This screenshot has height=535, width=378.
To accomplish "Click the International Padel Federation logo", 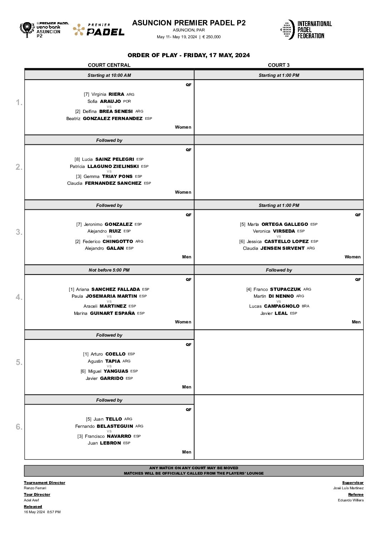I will click(x=306, y=30).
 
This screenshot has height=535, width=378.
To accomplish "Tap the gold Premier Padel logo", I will click(x=99, y=30).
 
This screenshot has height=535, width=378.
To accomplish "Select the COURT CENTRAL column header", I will click(x=109, y=65).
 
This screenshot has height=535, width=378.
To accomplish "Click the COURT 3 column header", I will click(x=279, y=65).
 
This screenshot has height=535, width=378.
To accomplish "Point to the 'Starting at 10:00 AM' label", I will click(x=109, y=75).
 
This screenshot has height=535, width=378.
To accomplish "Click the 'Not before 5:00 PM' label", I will click(x=109, y=270).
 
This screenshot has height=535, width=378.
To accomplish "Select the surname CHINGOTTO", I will click(x=118, y=242).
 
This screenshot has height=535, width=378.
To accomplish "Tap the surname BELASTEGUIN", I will click(x=115, y=426).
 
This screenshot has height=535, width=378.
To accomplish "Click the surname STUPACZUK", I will click(x=285, y=289).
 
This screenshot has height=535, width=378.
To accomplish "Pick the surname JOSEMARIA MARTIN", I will click(x=111, y=296).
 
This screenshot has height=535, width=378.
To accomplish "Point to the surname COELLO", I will click(x=115, y=354).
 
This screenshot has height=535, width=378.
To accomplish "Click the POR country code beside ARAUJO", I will click(x=127, y=101).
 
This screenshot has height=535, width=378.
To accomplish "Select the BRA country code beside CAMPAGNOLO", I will click(x=305, y=306).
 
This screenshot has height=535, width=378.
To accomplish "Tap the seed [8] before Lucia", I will click(x=77, y=159).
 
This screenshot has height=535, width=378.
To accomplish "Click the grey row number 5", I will click(x=19, y=362).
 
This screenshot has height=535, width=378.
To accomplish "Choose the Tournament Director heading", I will click(x=45, y=483).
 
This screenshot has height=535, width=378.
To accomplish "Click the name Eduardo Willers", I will click(x=350, y=500).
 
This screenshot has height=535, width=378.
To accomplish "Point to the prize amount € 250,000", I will click(x=212, y=37).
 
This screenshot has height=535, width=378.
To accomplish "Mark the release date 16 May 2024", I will click(x=34, y=512).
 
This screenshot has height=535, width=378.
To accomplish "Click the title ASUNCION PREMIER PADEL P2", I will click(x=189, y=23).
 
